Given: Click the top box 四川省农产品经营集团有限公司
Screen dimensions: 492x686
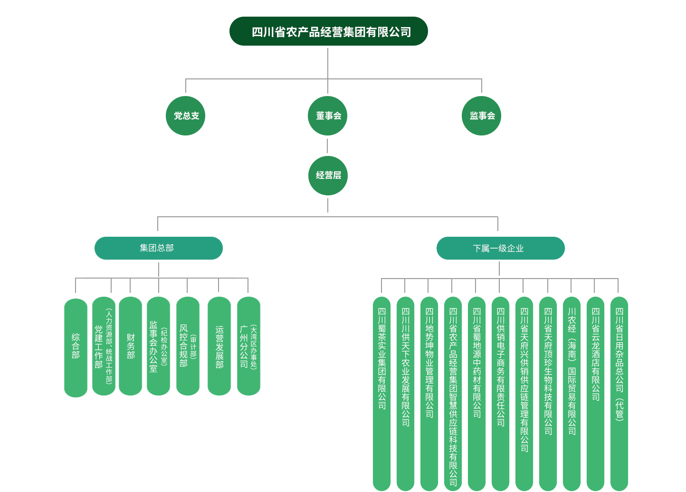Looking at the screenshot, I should (x=328, y=31).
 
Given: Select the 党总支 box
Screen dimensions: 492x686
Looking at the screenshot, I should (x=185, y=116).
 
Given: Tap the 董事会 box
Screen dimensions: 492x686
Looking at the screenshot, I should (x=327, y=116).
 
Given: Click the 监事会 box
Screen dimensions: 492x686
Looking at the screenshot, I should (x=481, y=116).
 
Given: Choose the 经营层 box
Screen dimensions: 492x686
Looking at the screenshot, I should (x=328, y=175).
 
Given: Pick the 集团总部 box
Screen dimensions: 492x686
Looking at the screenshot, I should (x=159, y=248).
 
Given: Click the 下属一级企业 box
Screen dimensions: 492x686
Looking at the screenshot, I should (x=500, y=248).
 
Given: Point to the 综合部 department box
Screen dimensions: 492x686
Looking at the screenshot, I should (x=76, y=347).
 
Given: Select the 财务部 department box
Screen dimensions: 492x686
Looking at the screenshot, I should (x=131, y=346).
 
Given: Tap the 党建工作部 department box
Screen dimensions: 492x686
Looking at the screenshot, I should (x=104, y=346).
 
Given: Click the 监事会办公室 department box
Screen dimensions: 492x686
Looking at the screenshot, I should (x=158, y=346).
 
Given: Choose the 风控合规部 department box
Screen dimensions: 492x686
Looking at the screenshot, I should (x=188, y=346).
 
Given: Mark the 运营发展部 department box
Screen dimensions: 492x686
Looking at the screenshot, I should (x=219, y=346).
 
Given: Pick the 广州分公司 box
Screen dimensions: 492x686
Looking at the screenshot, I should (x=248, y=346).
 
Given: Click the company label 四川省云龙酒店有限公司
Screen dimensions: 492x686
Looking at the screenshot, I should (x=596, y=354).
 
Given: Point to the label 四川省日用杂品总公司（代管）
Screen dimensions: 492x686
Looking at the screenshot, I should (x=619, y=364).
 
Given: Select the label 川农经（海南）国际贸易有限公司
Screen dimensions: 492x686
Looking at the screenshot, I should (x=572, y=371).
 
